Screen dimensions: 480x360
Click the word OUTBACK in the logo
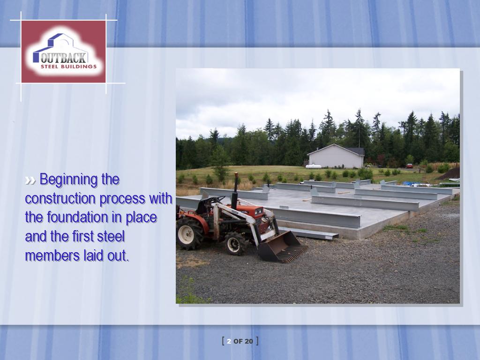63,58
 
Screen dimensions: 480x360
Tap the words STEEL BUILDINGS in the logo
68,67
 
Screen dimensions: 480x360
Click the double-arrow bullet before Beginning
30,180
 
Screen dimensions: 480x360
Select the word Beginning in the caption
79,180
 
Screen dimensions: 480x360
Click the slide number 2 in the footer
229,341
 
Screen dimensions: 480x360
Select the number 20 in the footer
249,341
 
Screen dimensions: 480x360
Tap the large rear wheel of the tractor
189,233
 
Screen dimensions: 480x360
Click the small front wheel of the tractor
236,243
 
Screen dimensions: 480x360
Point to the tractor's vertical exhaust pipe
235,190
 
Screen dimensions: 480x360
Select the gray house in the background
336,156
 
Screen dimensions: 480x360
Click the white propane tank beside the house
314,166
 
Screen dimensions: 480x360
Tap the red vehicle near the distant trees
410,166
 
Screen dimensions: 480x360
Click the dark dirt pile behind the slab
450,174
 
